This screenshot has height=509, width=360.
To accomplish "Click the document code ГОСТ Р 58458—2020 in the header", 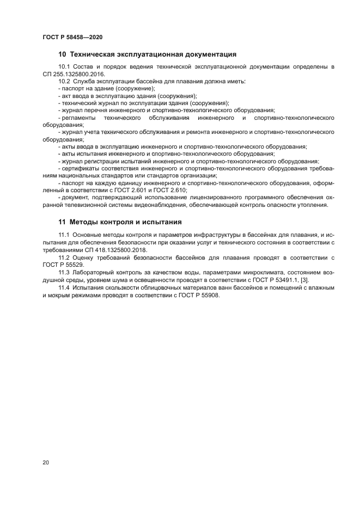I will point(72,37).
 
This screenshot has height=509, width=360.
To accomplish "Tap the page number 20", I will point(46,462).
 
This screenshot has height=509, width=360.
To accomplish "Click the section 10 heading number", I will point(62,54).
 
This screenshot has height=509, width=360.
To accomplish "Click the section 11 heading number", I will point(62,222).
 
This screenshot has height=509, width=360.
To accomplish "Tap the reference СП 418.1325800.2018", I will point(110,249).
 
